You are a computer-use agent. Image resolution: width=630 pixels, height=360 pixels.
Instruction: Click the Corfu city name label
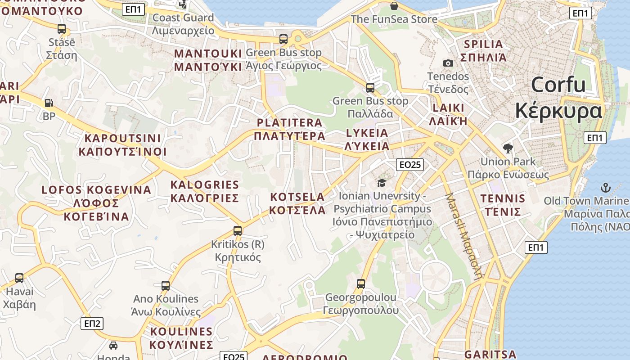[558, 98]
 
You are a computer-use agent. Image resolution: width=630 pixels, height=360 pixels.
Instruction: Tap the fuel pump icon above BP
[49, 103]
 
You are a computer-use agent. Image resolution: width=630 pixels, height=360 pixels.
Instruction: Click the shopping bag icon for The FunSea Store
[394, 6]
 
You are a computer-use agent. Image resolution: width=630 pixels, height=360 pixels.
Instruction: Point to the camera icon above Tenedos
[448, 63]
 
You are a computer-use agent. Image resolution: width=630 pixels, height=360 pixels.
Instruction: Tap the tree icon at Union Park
[508, 148]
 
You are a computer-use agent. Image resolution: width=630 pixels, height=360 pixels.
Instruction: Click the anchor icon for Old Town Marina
[606, 187]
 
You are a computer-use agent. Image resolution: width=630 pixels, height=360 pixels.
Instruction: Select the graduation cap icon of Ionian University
[382, 183]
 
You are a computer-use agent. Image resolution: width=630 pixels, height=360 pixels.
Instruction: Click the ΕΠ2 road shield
[92, 323]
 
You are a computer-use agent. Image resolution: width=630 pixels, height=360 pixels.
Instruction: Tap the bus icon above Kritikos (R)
[238, 231]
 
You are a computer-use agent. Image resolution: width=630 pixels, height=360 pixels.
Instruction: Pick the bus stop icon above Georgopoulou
[361, 284]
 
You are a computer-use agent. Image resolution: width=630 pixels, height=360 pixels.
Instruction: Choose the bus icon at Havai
[19, 278]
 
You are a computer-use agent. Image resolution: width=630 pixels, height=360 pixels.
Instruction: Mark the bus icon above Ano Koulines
[166, 285]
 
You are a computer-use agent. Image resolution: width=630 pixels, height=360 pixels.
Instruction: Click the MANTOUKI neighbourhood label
[208, 60]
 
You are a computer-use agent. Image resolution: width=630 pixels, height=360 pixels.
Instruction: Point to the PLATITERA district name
[289, 129]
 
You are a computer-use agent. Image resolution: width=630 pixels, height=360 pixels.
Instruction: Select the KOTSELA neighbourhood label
[297, 203]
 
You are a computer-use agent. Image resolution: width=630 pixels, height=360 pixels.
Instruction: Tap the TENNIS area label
[503, 205]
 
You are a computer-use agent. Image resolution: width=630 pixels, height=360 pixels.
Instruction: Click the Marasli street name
[463, 236]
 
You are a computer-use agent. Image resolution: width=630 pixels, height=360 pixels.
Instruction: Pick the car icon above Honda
[113, 346]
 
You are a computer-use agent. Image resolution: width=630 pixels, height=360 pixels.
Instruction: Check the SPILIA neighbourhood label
[483, 50]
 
